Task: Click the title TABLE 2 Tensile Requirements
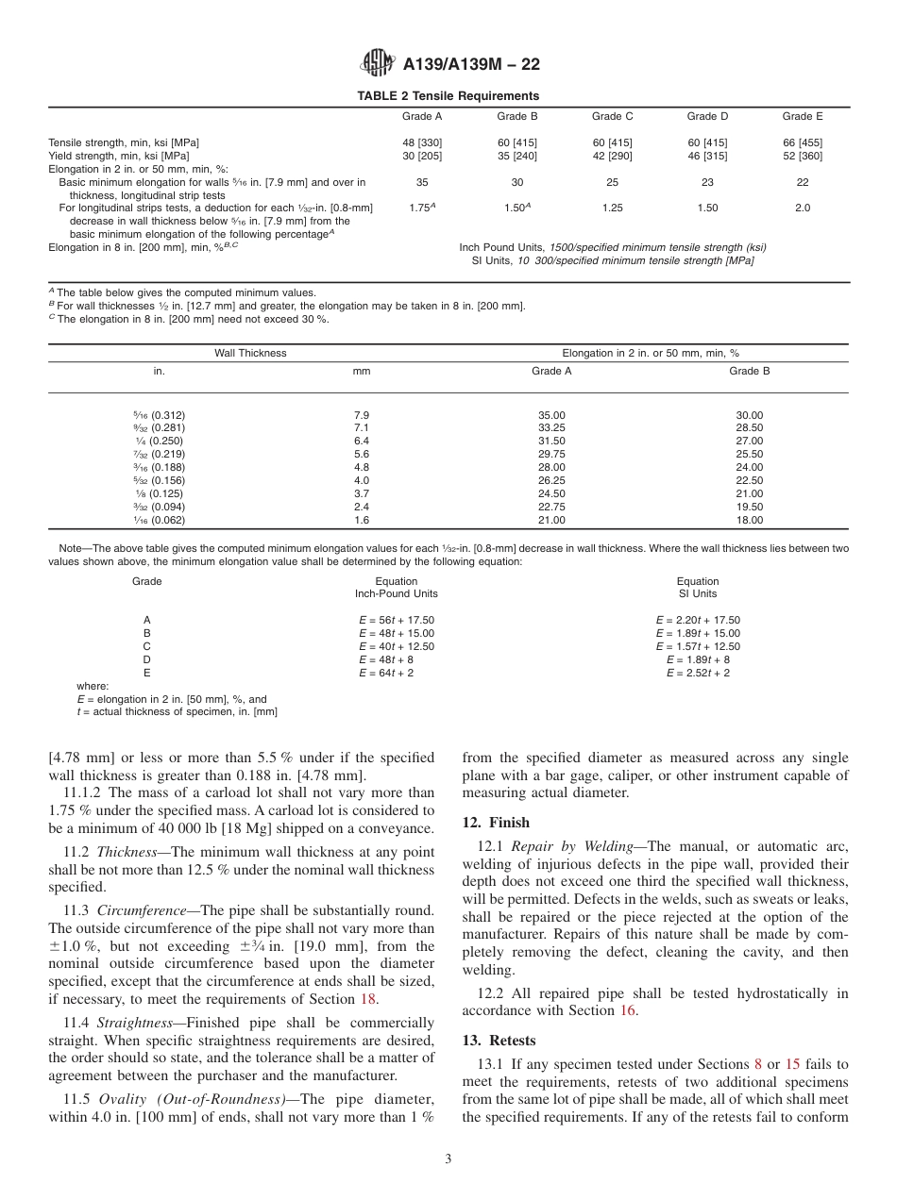448,95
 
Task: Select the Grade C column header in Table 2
612,117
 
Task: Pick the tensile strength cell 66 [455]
802,142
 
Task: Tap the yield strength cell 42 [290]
612,156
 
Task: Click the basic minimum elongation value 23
707,182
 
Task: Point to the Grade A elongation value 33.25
550,427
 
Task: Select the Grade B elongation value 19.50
749,507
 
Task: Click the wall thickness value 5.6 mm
361,454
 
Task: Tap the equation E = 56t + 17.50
397,620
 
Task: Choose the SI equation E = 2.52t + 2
698,673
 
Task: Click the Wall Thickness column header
250,353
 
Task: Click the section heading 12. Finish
496,823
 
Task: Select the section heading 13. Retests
499,1041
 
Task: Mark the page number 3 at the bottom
448,1159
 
